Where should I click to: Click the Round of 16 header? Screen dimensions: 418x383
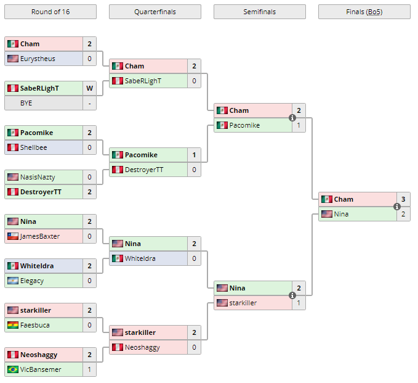click(50, 12)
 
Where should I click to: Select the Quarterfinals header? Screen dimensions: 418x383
click(155, 12)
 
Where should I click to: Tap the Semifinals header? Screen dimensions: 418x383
click(259, 12)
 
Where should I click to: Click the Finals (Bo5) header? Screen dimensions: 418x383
click(364, 12)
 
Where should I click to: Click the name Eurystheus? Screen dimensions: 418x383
click(38, 59)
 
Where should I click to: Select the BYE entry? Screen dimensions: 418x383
click(26, 103)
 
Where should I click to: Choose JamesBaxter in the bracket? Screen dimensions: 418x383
click(40, 236)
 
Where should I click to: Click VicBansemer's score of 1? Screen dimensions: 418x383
click(89, 369)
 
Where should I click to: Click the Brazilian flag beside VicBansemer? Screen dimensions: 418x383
click(13, 369)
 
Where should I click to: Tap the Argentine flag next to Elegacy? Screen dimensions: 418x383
click(13, 281)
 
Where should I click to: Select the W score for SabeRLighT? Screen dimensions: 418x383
click(89, 88)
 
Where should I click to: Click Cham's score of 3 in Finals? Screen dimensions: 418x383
click(403, 199)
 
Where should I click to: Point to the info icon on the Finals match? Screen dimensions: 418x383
click(397, 207)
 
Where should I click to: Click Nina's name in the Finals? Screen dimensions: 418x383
click(341, 214)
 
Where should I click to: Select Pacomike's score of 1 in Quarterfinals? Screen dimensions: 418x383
click(194, 155)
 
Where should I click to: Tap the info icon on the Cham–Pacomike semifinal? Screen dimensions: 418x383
click(292, 118)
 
